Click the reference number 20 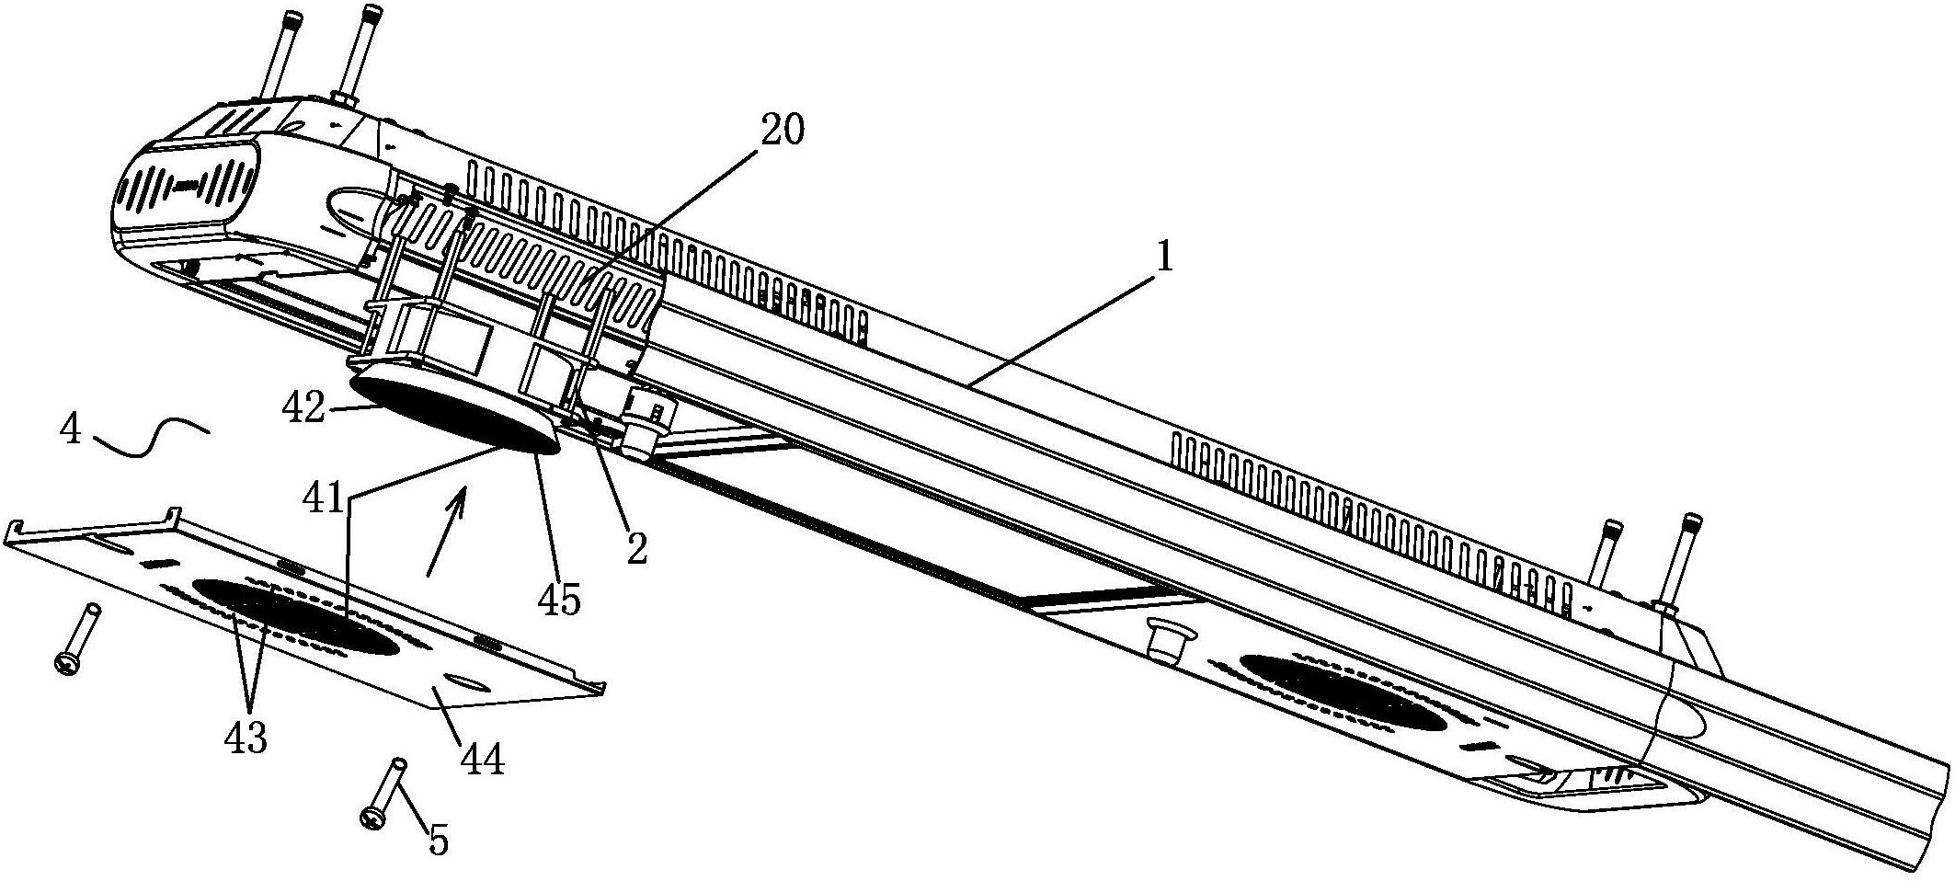[x=781, y=131]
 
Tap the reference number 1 [x=1164, y=258]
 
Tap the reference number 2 [x=635, y=549]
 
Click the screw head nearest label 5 [x=372, y=816]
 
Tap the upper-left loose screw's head [x=66, y=663]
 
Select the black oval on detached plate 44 [x=294, y=616]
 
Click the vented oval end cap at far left [x=186, y=187]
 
